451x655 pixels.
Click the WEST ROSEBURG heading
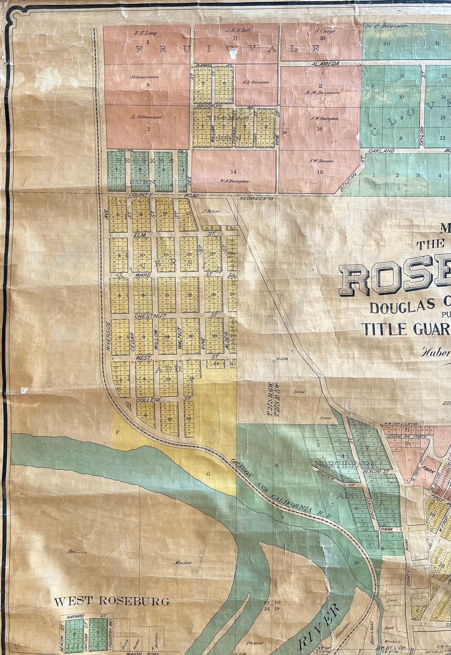[x=111, y=601]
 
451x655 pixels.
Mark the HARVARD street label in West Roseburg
[x=75, y=616]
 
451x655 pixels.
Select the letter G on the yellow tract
[x=208, y=474]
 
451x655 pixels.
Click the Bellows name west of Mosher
[x=77, y=552]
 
